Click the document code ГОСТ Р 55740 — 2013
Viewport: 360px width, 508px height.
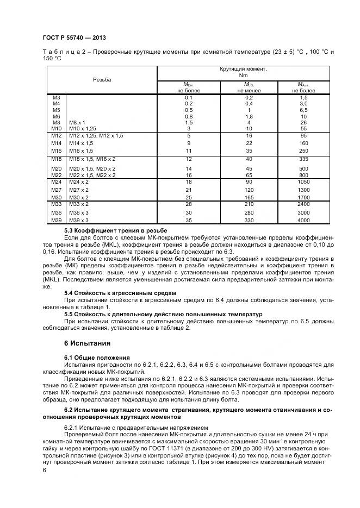click(x=73, y=38)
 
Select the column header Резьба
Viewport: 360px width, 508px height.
click(x=102, y=79)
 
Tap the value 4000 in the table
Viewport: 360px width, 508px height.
click(x=303, y=221)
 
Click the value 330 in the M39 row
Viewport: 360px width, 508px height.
click(x=249, y=221)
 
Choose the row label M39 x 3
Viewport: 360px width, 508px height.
click(x=78, y=221)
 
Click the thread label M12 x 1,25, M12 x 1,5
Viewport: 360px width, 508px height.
click(x=96, y=135)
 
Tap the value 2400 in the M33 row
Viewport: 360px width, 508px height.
click(x=303, y=204)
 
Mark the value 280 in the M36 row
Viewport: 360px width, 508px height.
click(x=249, y=212)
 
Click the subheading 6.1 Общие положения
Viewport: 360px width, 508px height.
click(x=97, y=358)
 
